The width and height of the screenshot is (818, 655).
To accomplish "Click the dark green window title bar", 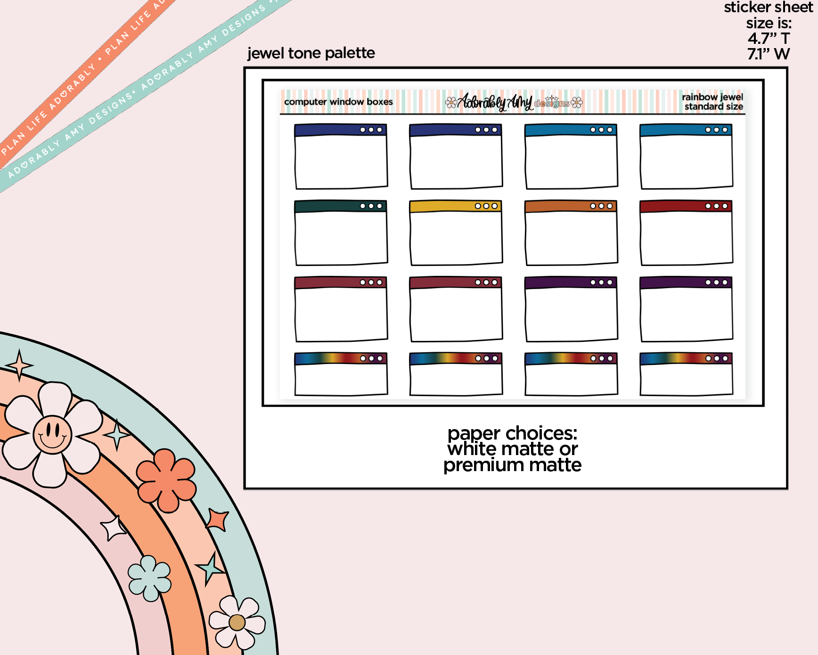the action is pos(340,206).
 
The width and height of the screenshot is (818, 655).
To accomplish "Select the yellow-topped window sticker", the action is pos(456,232).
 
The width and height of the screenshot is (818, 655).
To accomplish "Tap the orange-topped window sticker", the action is pos(571,232).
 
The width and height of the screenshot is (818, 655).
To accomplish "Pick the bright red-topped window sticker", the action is pos(686,232).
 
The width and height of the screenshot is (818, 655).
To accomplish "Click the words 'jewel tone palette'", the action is pos(311,53).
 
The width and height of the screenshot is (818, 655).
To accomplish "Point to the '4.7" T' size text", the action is pos(769,38).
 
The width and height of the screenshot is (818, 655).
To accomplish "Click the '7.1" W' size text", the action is pos(769,54).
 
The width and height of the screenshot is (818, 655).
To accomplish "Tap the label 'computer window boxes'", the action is pos(338,102).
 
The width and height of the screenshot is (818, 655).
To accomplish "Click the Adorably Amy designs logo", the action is pos(514,102).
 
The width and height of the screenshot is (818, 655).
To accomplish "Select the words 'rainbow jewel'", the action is pos(712,97).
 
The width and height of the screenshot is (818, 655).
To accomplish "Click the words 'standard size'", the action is pos(714,107).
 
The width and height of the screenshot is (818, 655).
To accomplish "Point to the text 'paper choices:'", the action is pos(512,433).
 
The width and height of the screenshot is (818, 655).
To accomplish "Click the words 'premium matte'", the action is pos(512,465).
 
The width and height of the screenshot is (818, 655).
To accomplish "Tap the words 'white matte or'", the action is pos(512,449).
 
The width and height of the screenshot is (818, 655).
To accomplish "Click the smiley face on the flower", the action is pos(52,434).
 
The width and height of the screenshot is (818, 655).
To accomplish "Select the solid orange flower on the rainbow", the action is pos(166,481).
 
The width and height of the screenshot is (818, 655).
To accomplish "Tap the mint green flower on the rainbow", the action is pos(149,578).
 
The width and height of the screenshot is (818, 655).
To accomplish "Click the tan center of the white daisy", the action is pos(237,622).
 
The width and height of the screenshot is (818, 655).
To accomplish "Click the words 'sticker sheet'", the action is pos(769,8).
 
